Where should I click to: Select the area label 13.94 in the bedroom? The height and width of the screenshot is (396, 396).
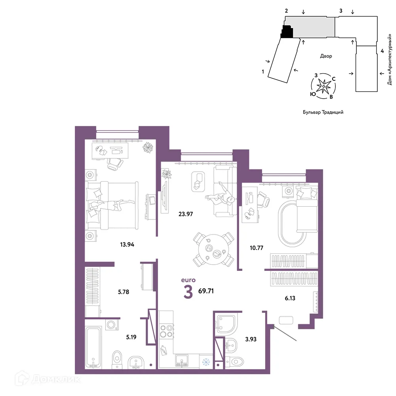pos(127,244)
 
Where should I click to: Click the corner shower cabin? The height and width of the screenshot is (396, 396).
pos(226,322)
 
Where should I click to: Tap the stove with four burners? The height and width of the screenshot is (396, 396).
pos(166,330)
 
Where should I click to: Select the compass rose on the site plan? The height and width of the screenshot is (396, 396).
pos(324,85)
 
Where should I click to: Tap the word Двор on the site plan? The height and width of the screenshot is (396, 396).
pos(326,56)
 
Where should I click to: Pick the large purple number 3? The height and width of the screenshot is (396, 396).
pos(188,291)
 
